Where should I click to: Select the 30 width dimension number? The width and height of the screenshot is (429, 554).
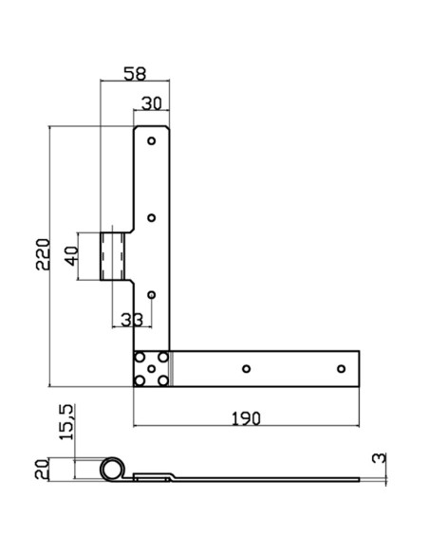coord(152,103)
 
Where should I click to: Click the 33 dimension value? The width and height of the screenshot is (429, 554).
coord(133,320)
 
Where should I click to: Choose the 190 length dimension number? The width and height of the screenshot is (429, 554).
coord(246,417)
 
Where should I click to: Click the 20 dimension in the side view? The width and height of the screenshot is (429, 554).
coord(41,470)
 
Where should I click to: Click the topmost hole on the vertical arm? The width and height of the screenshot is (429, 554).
coord(151,141)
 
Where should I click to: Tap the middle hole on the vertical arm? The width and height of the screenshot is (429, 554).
coord(151,217)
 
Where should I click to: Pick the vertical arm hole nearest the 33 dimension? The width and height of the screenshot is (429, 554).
coord(151,294)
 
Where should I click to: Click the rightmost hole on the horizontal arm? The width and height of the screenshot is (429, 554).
coord(342,368)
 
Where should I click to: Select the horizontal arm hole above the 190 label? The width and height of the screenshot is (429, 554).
coord(246,368)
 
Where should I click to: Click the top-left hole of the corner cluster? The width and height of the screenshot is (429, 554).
coord(141,358)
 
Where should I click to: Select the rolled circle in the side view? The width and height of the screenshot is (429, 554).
coord(113,469)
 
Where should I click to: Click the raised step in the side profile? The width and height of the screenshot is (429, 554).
coord(158,474)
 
